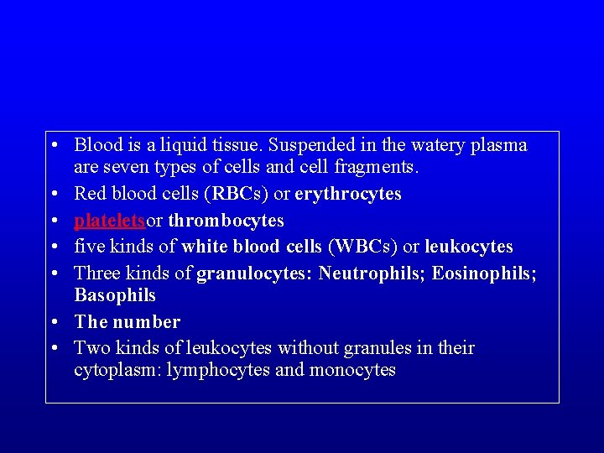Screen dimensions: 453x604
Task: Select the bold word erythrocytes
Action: [x=348, y=195]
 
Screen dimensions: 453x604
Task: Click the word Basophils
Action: [x=115, y=295]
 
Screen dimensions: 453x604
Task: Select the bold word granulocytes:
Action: [x=255, y=273]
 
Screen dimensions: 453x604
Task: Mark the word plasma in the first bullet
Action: [x=500, y=145]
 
